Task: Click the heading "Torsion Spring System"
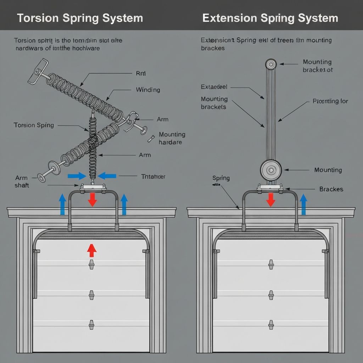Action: coord(80,18)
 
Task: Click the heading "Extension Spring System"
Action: coord(270,18)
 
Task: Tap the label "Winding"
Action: coord(148,90)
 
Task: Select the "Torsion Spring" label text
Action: coord(34,125)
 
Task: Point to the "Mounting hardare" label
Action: coord(172,138)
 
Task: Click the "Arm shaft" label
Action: coord(22,181)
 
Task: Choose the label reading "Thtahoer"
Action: coord(153,176)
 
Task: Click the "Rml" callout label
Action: coord(141,74)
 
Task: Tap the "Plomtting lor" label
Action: coord(330,101)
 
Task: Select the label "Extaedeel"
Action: coord(214,86)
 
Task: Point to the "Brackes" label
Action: coord(331,189)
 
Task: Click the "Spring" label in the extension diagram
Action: coord(221,178)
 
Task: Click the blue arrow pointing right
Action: coord(77,175)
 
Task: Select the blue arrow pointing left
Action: coord(107,175)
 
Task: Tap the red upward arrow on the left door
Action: coord(92,250)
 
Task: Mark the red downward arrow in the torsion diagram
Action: coord(92,200)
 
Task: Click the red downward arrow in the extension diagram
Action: coord(270,200)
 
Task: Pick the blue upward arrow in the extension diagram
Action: coord(303,205)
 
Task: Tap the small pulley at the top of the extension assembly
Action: coord(271,64)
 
